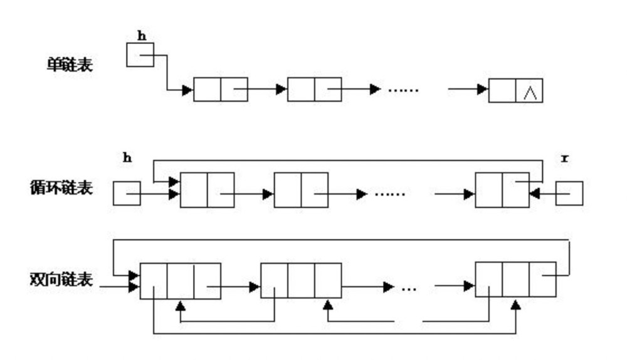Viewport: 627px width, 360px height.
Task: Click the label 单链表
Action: pyautogui.click(x=70, y=64)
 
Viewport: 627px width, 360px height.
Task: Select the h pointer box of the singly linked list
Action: pyautogui.click(x=140, y=55)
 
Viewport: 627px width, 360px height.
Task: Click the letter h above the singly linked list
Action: pyautogui.click(x=142, y=35)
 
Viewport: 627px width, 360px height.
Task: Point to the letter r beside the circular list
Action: pyautogui.click(x=564, y=159)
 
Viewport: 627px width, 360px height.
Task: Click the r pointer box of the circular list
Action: pyautogui.click(x=569, y=193)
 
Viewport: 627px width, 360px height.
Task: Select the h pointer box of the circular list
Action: pyautogui.click(x=126, y=193)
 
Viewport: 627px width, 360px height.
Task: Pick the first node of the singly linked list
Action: pyautogui.click(x=220, y=90)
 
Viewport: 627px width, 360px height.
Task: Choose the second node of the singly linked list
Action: pyautogui.click(x=314, y=90)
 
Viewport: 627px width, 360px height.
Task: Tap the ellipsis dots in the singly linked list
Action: pyautogui.click(x=403, y=90)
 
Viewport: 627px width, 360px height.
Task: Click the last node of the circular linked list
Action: pyautogui.click(x=502, y=190)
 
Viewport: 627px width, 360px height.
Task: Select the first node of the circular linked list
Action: pyautogui.click(x=207, y=190)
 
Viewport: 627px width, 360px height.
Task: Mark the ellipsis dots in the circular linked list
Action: pyautogui.click(x=390, y=194)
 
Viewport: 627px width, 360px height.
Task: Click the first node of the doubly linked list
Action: pyautogui.click(x=180, y=280)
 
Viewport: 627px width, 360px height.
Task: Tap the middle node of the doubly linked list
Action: pyautogui.click(x=301, y=280)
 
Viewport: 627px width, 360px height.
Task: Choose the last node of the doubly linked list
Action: pyautogui.click(x=515, y=280)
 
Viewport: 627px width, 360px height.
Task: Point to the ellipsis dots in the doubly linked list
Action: pyautogui.click(x=409, y=289)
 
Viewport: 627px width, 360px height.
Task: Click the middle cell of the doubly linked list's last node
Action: pyautogui.click(x=515, y=280)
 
